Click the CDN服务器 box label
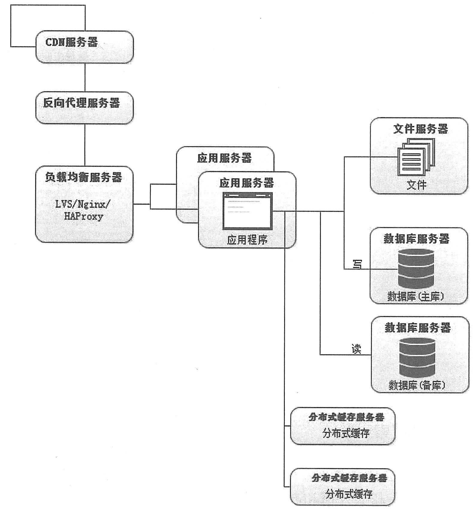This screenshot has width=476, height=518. tap(72, 42)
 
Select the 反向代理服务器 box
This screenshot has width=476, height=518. tap(84, 108)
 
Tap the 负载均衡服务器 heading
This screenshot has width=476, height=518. tap(84, 177)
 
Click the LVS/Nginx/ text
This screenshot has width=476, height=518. tap(83, 204)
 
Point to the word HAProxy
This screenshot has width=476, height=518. tap(84, 216)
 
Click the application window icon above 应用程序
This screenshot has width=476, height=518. tap(247, 211)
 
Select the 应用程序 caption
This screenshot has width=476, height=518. tap(247, 240)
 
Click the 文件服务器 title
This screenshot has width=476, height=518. tap(420, 129)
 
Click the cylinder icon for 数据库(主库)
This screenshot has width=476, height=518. tap(416, 269)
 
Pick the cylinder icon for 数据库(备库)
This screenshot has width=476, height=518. tap(417, 357)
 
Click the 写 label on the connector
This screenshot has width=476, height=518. tap(357, 264)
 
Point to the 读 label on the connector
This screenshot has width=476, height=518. tap(356, 349)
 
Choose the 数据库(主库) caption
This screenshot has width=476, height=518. tap(415, 296)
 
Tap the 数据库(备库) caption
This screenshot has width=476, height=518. tap(417, 385)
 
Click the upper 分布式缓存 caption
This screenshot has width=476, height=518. tap(346, 433)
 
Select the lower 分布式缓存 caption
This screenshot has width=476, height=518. tap(349, 494)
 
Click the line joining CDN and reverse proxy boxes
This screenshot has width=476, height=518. tap(85, 77)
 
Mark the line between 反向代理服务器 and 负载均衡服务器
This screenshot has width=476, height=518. tap(85, 145)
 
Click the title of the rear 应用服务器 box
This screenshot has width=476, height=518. tap(224, 158)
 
